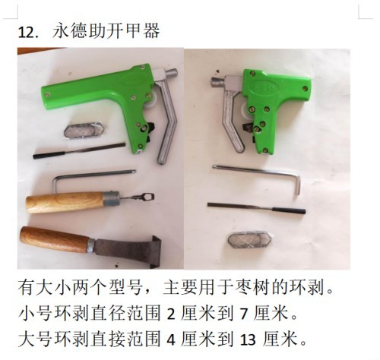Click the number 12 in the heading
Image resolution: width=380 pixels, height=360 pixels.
[x=26, y=33]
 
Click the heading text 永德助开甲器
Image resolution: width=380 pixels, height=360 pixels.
[x=106, y=31]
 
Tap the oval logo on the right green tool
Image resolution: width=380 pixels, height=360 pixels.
[x=264, y=87]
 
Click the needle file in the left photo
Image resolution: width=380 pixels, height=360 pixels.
[x=79, y=150]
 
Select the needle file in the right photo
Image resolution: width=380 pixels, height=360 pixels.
[x=256, y=207]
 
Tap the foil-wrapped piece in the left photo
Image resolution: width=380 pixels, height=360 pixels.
[x=84, y=130]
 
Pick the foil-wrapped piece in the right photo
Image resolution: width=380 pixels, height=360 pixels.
[x=249, y=240]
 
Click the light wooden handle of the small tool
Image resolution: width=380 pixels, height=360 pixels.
[x=65, y=202]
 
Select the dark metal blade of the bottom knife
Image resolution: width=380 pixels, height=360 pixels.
[x=128, y=251]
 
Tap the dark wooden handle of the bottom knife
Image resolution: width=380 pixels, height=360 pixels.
[x=55, y=239]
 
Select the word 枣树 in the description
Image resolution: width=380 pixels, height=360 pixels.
[x=251, y=288]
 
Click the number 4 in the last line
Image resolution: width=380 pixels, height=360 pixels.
[x=171, y=339]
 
